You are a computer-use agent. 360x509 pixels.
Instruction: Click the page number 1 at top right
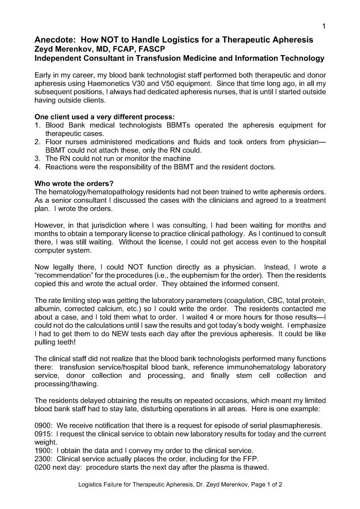(x=324, y=27)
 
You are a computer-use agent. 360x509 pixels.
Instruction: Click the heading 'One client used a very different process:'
(x=104, y=117)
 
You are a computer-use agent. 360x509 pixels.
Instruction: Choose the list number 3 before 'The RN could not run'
(x=38, y=159)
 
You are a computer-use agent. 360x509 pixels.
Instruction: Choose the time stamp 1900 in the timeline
(x=44, y=450)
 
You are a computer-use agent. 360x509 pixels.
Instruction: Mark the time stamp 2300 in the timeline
(x=44, y=459)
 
